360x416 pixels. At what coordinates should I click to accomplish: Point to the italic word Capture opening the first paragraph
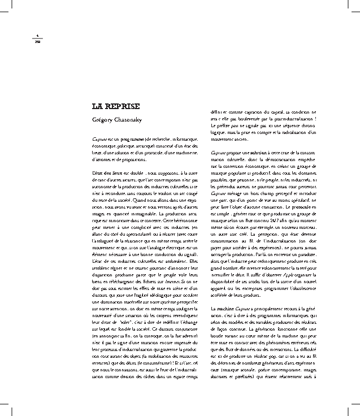[x=99, y=138]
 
